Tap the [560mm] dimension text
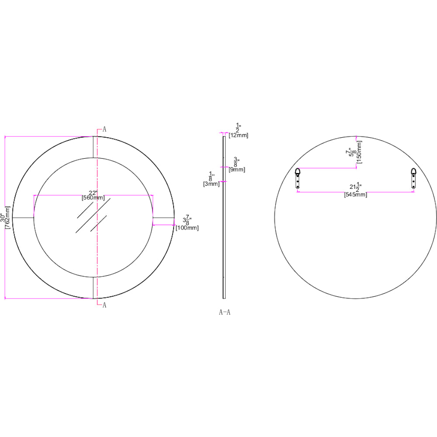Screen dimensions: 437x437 tap(93, 198)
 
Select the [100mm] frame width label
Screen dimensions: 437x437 tap(187, 228)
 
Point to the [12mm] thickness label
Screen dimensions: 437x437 tap(238, 135)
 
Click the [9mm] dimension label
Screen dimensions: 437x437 tap(237, 170)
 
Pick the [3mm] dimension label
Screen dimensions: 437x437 tap(211, 184)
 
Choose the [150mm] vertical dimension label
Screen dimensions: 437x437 tap(359, 152)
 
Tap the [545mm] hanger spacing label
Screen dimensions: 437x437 tap(356, 195)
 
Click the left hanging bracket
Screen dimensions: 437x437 tap(298, 178)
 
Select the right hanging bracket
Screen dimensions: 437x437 tap(413, 178)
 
